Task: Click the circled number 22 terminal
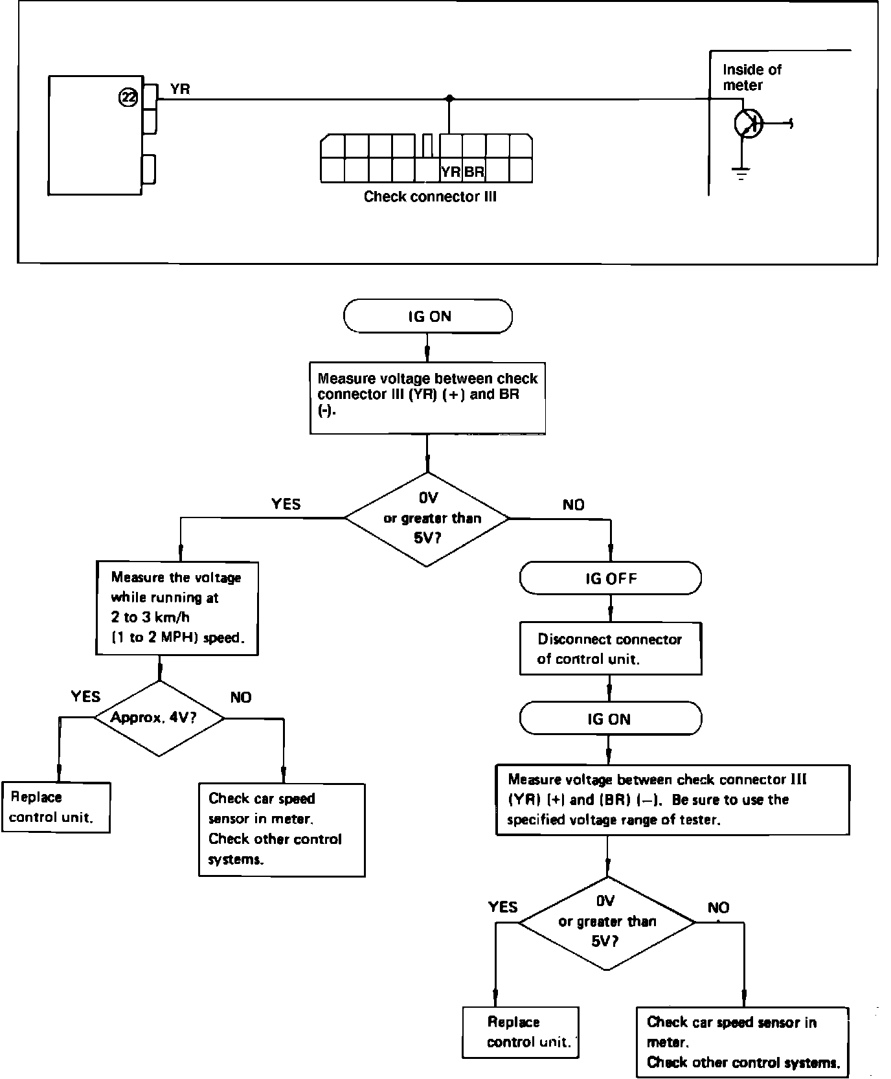click(128, 98)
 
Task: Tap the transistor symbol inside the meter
click(749, 123)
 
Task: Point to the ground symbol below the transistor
click(741, 173)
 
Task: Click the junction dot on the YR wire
click(449, 98)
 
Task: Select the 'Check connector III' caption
click(429, 196)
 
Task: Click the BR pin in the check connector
click(474, 172)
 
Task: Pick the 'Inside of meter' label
click(751, 77)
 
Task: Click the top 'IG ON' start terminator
click(428, 316)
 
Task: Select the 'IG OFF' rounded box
click(610, 578)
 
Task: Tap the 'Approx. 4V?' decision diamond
click(159, 718)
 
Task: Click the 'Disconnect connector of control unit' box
click(610, 649)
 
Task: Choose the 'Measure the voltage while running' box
click(177, 608)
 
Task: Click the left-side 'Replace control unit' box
click(56, 807)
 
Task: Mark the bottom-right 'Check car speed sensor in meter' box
click(742, 1041)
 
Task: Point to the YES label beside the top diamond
click(286, 504)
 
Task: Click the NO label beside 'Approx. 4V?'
click(241, 698)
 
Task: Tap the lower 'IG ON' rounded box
click(610, 719)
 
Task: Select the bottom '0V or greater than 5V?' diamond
click(607, 922)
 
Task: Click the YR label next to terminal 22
click(180, 89)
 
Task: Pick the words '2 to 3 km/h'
click(150, 617)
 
